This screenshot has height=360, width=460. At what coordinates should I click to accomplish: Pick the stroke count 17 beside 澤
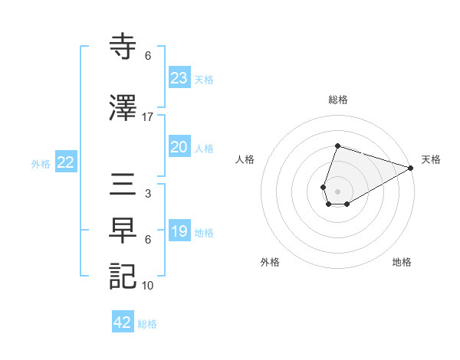point(148,117)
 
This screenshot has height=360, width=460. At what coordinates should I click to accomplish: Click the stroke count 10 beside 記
point(148,286)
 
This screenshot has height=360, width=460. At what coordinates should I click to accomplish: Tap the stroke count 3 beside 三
point(148,194)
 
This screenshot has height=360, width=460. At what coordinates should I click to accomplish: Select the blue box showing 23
point(179,78)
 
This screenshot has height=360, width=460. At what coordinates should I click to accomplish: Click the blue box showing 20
point(179,147)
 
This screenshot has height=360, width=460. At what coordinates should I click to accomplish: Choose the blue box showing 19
point(179,231)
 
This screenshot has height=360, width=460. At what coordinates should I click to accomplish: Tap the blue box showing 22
point(65,162)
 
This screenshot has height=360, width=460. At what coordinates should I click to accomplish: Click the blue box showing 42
point(123,322)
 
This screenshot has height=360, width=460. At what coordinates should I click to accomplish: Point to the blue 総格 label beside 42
point(147,324)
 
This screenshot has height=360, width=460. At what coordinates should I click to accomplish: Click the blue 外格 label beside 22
point(41,163)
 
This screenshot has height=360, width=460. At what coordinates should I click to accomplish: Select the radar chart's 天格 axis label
point(431,159)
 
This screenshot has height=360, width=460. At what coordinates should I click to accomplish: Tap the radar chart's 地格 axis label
point(402,262)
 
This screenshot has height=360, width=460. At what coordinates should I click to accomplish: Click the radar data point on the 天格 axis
point(411,168)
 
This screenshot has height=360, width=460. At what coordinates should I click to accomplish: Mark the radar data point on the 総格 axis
point(337,146)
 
